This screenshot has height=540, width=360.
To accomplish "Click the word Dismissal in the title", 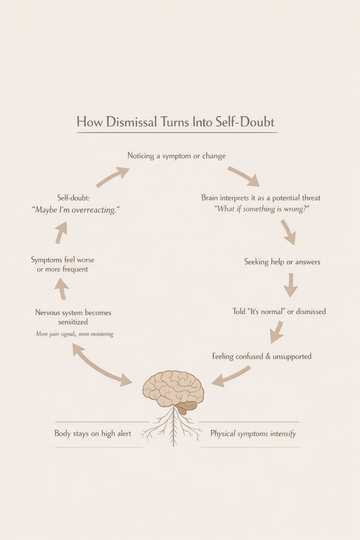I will [x=131, y=122].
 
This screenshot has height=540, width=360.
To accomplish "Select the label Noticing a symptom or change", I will [x=176, y=156].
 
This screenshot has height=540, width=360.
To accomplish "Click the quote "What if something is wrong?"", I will [x=262, y=209].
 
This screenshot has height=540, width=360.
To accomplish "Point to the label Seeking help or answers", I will [x=282, y=262].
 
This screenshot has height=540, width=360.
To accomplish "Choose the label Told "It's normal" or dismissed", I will [x=279, y=311].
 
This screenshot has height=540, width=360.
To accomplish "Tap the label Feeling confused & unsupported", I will [x=262, y=356].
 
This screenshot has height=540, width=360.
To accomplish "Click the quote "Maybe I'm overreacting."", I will [x=76, y=210].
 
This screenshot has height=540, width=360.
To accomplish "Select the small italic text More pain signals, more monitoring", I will [x=75, y=334].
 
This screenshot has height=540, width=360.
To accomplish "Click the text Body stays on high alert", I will [x=93, y=433].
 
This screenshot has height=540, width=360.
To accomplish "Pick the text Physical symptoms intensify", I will [x=253, y=433].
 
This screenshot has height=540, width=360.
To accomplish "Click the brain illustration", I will [x=172, y=388].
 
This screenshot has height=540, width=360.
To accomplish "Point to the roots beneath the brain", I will [x=173, y=427].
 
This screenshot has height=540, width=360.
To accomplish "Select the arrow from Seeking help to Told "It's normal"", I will [x=291, y=285].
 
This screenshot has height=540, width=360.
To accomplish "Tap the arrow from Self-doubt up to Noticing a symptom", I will [x=112, y=177].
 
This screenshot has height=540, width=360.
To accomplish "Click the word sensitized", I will [x=73, y=322].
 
